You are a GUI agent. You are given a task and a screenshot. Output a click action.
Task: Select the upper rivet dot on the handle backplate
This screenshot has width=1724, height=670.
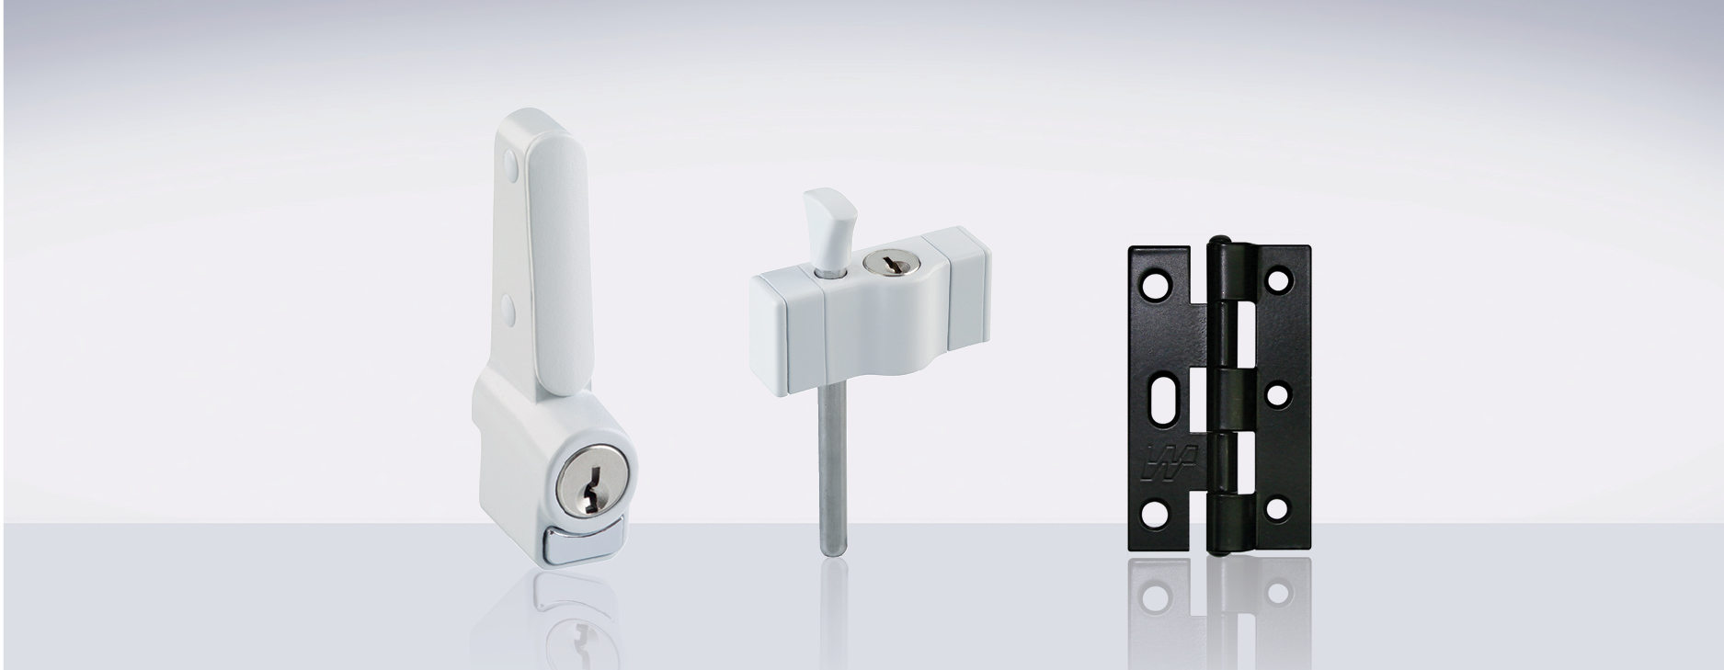pyautogui.click(x=511, y=167)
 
